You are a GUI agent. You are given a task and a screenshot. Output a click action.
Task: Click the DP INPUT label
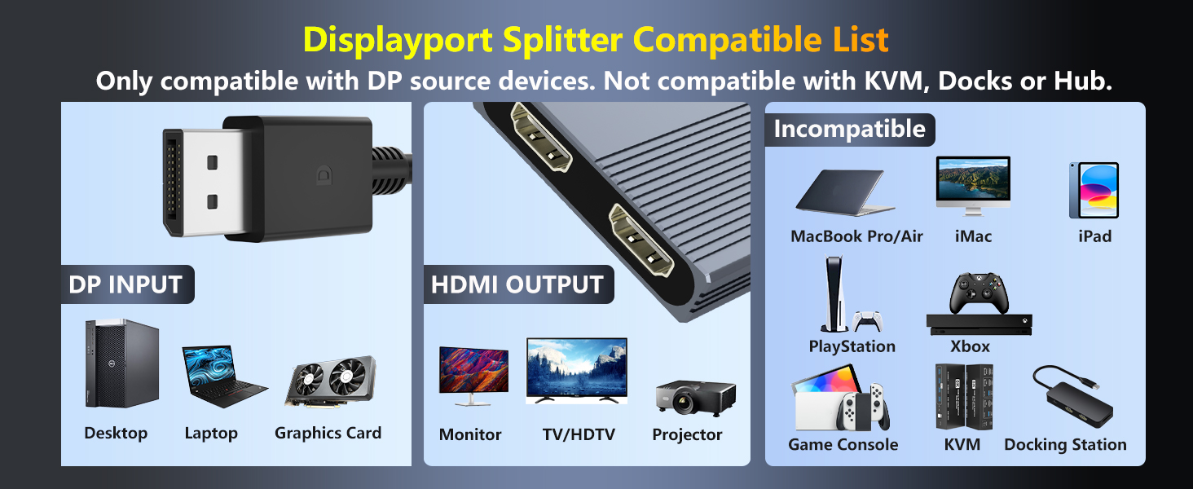click(x=125, y=284)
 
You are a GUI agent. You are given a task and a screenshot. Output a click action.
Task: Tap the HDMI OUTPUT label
click(x=517, y=284)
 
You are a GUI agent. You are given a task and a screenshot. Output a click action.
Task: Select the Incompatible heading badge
click(x=849, y=129)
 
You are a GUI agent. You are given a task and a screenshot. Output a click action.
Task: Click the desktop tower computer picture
click(x=121, y=363)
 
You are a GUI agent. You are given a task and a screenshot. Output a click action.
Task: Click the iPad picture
click(x=1094, y=190)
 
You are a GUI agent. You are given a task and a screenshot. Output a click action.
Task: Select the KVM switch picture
click(x=963, y=396)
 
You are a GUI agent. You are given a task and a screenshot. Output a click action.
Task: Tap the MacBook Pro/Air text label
click(x=856, y=236)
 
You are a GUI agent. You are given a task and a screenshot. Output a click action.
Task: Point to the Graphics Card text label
click(x=328, y=433)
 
